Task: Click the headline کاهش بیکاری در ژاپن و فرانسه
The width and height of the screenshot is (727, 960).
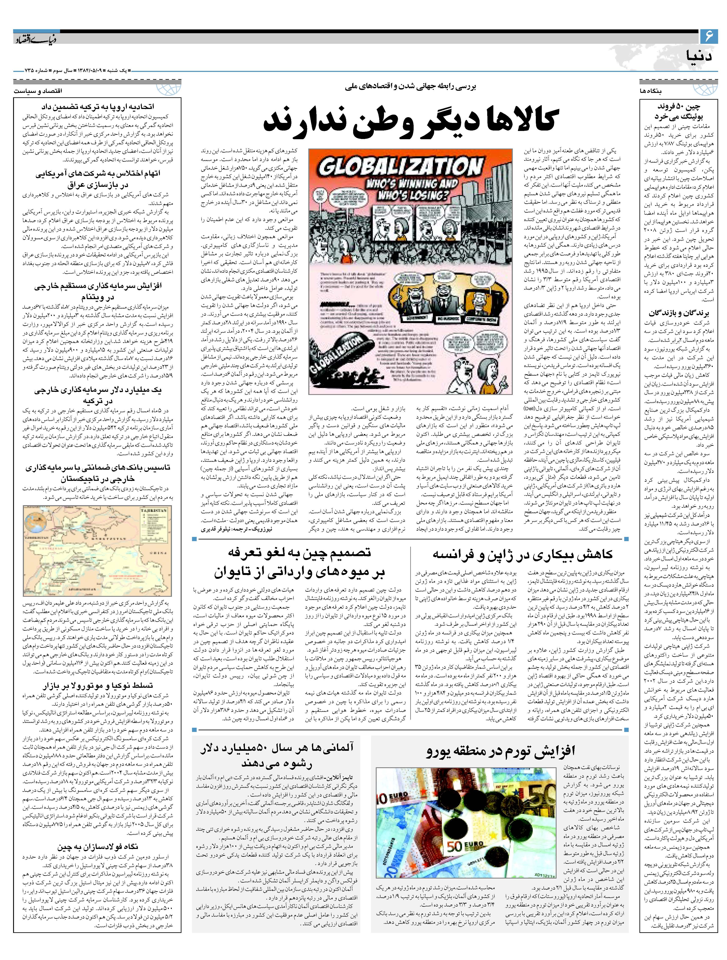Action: coord(523,554)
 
